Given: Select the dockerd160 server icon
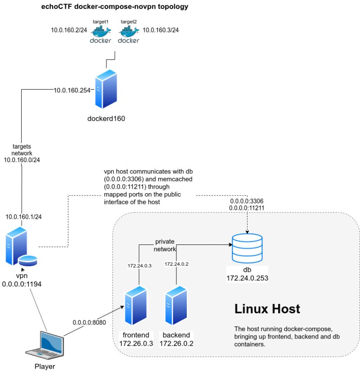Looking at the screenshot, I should pos(106,88).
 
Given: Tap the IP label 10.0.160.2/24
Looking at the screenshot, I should pos(68,31).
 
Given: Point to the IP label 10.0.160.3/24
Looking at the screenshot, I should pos(160,31).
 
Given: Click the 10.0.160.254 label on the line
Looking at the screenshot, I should pos(72,90).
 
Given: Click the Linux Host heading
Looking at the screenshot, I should pos(267,309).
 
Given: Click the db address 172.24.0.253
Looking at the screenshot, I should pos(247,278).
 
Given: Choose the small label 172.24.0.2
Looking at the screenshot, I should pos(176,264).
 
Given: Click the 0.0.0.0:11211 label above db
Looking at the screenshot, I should pos(247,208).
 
